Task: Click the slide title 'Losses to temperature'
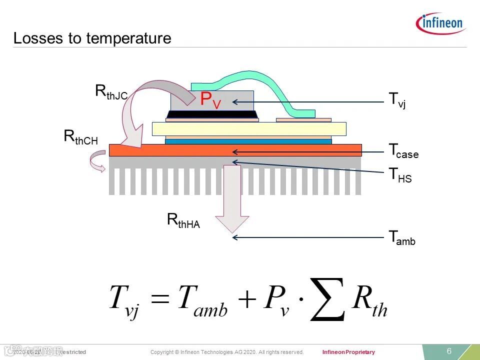[x=92, y=38]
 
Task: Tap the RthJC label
[x=111, y=92]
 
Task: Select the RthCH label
[x=80, y=137]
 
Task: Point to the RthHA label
[x=183, y=220]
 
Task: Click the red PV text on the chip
[x=210, y=100]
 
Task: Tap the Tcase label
[x=403, y=150]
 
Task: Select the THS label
[x=400, y=175]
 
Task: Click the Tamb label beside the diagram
[x=402, y=238]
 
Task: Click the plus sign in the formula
[x=247, y=300]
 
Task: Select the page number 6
[x=449, y=351]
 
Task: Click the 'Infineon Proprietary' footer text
[x=348, y=352]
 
